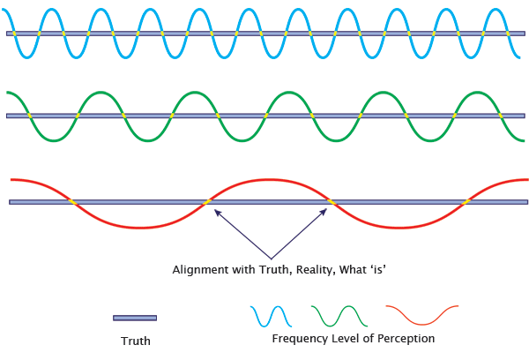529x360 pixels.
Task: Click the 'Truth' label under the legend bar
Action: [x=135, y=341]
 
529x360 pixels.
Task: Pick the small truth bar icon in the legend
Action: [x=135, y=318]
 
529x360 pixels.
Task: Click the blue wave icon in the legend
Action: [x=271, y=316]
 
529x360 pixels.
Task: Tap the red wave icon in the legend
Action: [x=421, y=316]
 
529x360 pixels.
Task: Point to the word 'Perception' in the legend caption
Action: [x=406, y=339]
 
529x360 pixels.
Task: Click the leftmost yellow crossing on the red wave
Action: [x=72, y=202]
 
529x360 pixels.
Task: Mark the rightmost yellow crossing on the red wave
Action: [x=466, y=202]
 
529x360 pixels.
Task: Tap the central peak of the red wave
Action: [x=269, y=179]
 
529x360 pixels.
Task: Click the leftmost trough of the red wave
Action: [x=139, y=228]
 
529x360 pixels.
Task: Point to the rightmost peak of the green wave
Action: [x=477, y=92]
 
